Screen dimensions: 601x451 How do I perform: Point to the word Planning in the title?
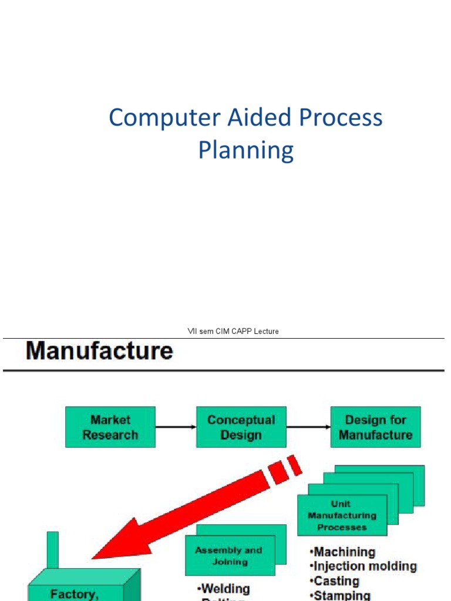pyautogui.click(x=245, y=150)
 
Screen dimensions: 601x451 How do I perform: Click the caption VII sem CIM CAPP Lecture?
pyautogui.click(x=233, y=332)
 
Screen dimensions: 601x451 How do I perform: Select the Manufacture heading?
pyautogui.click(x=99, y=352)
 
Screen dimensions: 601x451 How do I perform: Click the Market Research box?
pyautogui.click(x=110, y=427)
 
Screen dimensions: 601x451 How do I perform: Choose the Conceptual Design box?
pyautogui.click(x=241, y=427)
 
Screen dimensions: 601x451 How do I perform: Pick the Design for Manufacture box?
pyautogui.click(x=375, y=427)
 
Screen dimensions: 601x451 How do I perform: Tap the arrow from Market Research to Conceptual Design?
pyautogui.click(x=176, y=427)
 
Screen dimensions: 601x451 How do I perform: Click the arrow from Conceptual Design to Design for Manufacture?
pyautogui.click(x=308, y=427)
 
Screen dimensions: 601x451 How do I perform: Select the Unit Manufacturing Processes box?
pyautogui.click(x=342, y=515)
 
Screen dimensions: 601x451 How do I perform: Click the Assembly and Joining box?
pyautogui.click(x=230, y=556)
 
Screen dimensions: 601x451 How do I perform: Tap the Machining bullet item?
pyautogui.click(x=344, y=552)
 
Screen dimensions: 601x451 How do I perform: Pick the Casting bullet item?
pyautogui.click(x=336, y=581)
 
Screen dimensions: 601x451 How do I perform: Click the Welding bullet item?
pyautogui.click(x=225, y=589)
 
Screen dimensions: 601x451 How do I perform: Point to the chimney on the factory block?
pyautogui.click(x=53, y=550)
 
